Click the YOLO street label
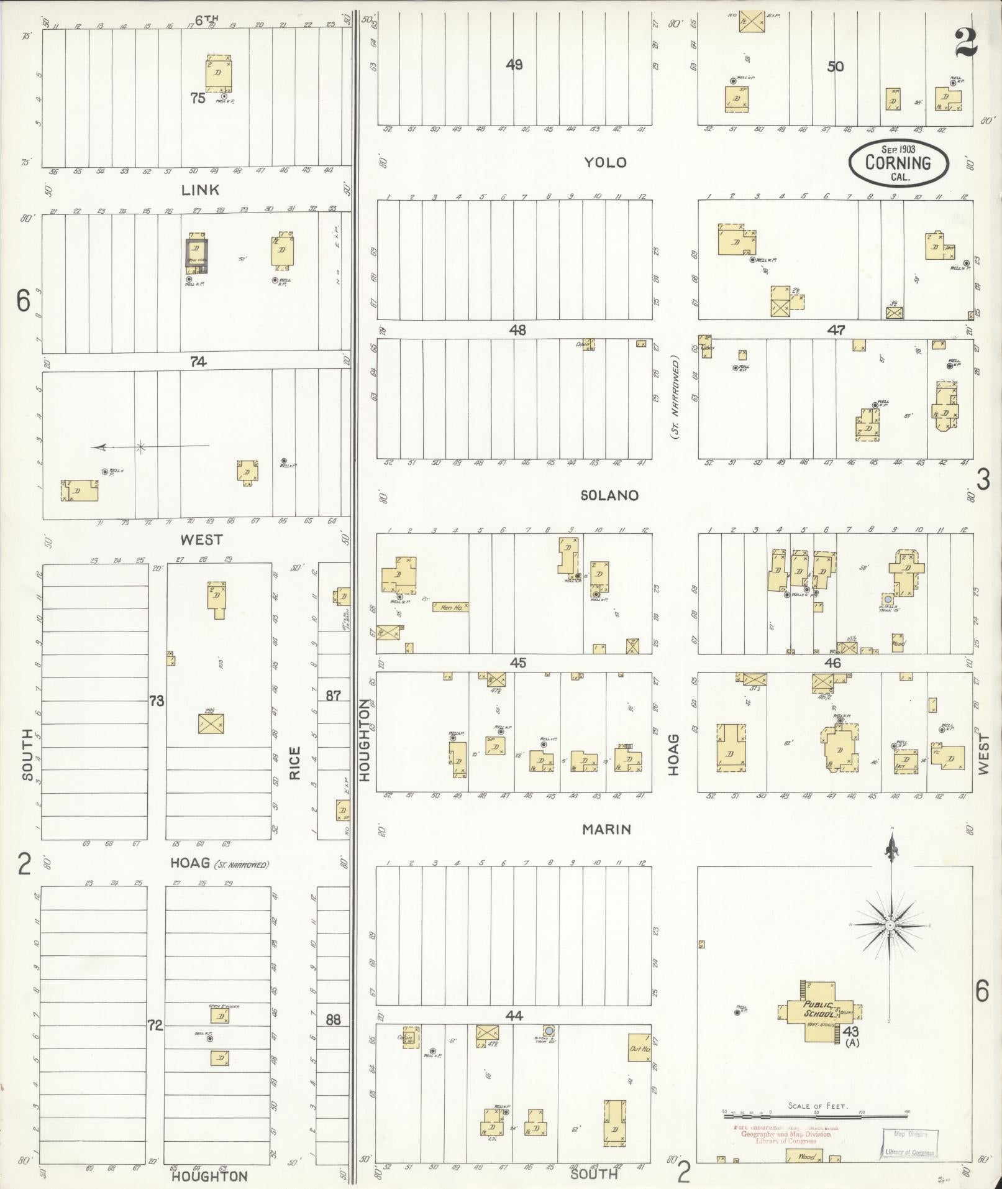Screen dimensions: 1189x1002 point(604,163)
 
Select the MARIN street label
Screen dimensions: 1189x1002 point(607,829)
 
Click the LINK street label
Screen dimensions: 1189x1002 point(200,190)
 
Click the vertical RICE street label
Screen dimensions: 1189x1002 point(294,763)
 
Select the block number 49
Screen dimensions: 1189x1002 point(514,65)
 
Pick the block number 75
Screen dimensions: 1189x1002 point(198,98)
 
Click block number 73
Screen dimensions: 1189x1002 point(156,701)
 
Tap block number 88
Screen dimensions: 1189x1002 point(334,1020)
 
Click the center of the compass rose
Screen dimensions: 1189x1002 point(890,943)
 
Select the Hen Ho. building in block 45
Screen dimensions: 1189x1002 point(450,607)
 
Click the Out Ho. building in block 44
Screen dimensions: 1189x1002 point(639,1047)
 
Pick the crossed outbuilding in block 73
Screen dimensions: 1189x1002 point(211,723)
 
